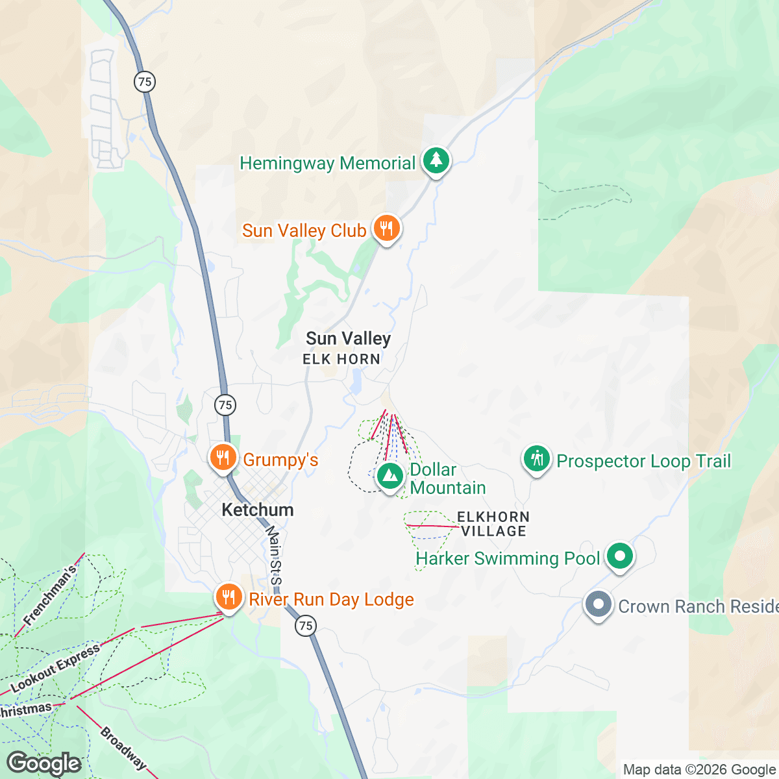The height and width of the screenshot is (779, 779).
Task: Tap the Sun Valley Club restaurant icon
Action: tap(386, 229)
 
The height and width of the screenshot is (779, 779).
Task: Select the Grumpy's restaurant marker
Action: tap(223, 458)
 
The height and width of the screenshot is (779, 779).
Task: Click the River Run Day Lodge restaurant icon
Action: tap(229, 597)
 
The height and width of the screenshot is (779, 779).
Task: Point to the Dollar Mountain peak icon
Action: tap(389, 476)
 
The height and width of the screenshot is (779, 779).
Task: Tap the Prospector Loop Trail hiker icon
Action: tap(536, 459)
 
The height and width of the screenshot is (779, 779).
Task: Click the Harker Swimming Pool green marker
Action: tap(620, 556)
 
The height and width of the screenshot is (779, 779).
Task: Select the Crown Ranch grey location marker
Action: tap(599, 604)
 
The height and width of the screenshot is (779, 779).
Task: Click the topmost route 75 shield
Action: tap(145, 82)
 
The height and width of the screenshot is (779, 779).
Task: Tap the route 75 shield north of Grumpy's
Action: tap(225, 405)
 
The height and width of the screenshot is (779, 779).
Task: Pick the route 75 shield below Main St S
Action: tap(306, 626)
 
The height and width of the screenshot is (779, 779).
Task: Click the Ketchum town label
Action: tap(258, 510)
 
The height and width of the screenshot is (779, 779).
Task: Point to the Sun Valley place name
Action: tap(348, 338)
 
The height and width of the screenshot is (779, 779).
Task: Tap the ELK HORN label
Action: tap(341, 359)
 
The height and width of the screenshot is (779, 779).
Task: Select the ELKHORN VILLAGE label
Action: tap(493, 524)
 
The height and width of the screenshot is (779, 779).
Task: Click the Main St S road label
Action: tap(275, 555)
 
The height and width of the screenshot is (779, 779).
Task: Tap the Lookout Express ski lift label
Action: tap(56, 667)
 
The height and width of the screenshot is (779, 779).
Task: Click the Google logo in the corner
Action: tap(44, 764)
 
